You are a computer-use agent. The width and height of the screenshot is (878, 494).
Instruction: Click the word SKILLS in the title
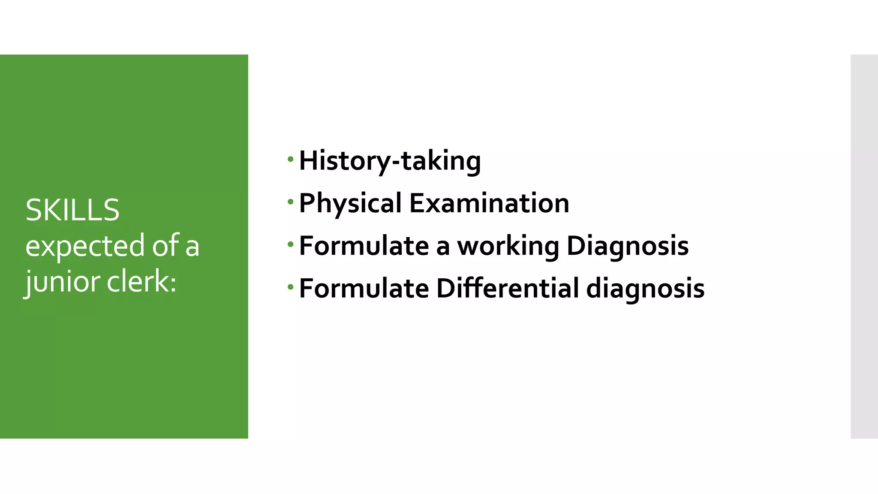(72, 210)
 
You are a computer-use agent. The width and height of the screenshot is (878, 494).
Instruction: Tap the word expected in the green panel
(85, 246)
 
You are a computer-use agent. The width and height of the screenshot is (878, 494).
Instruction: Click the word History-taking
(390, 160)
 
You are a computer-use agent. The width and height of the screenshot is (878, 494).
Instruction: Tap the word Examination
(489, 203)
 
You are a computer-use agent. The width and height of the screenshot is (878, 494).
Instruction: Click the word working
(508, 246)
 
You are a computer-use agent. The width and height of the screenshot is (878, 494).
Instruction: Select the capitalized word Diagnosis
(627, 246)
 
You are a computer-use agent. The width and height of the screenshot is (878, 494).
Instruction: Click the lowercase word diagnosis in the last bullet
(645, 288)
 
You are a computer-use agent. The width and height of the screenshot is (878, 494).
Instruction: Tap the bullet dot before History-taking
(291, 160)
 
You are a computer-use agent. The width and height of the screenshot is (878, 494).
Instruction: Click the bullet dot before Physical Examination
(291, 202)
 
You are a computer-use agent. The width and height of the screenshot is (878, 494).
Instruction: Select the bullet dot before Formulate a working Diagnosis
(291, 244)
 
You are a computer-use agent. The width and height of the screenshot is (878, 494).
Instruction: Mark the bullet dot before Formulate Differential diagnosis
(291, 287)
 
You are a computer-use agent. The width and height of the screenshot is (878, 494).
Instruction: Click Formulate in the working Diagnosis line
(364, 246)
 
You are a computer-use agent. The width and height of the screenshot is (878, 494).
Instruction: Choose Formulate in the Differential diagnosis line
(364, 288)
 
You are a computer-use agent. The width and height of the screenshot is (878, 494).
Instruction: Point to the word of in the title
(165, 246)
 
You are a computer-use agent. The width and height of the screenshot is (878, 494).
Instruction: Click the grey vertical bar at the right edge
(864, 246)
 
